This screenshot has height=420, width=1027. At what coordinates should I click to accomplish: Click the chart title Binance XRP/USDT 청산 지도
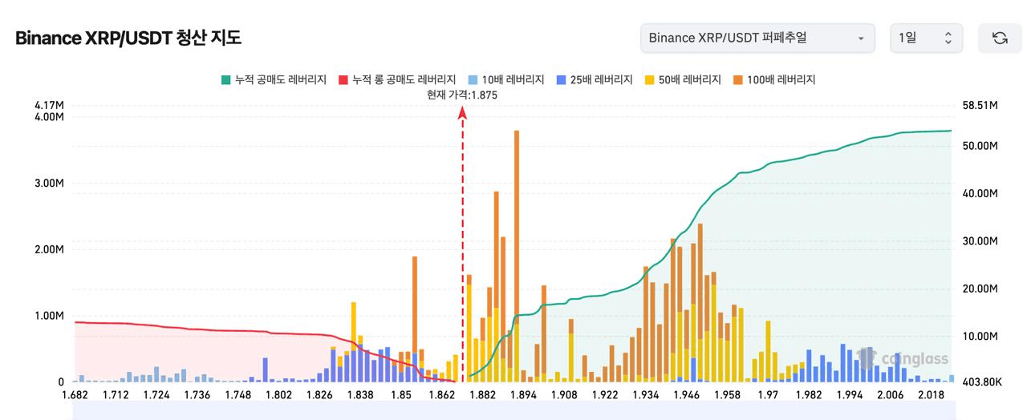[x=128, y=38]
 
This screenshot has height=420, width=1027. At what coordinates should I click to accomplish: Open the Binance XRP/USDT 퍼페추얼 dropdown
[x=757, y=38]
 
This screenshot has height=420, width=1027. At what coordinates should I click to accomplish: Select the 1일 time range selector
[x=926, y=38]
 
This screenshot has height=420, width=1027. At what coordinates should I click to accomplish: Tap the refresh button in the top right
[x=1000, y=38]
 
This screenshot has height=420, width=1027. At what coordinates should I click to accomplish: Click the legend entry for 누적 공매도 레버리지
[x=274, y=79]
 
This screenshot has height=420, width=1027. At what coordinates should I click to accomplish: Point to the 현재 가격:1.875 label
[x=463, y=95]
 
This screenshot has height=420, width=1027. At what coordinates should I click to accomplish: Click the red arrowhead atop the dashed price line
[x=463, y=113]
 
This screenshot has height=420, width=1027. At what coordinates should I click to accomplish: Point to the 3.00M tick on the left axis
[x=49, y=183]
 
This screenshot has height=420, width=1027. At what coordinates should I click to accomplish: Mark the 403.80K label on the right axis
[x=980, y=382]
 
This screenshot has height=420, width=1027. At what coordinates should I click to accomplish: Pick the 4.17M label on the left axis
[x=49, y=105]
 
